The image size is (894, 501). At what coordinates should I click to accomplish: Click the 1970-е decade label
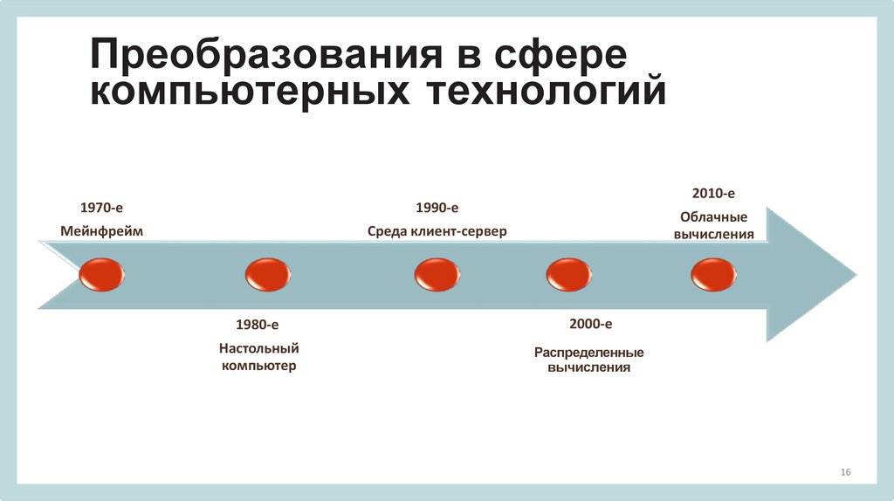pos(101,208)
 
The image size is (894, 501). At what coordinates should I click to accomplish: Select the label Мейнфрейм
pos(101,231)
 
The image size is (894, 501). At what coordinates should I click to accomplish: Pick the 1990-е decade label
pos(437,208)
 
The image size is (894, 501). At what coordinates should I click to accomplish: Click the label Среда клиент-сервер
pos(437,231)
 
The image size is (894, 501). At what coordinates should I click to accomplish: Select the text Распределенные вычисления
pos(589,360)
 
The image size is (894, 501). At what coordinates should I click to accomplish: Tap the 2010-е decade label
pos(713,192)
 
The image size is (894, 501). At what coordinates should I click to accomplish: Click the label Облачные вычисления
pos(713,225)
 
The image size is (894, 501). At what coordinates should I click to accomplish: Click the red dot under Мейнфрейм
pos(101,275)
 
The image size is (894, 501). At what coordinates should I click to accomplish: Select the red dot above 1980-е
pos(267,275)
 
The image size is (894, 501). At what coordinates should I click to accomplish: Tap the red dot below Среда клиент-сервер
pos(437,275)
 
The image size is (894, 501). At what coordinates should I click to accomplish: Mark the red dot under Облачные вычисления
pos(713,275)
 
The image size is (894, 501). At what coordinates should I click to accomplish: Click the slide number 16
pos(845,472)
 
